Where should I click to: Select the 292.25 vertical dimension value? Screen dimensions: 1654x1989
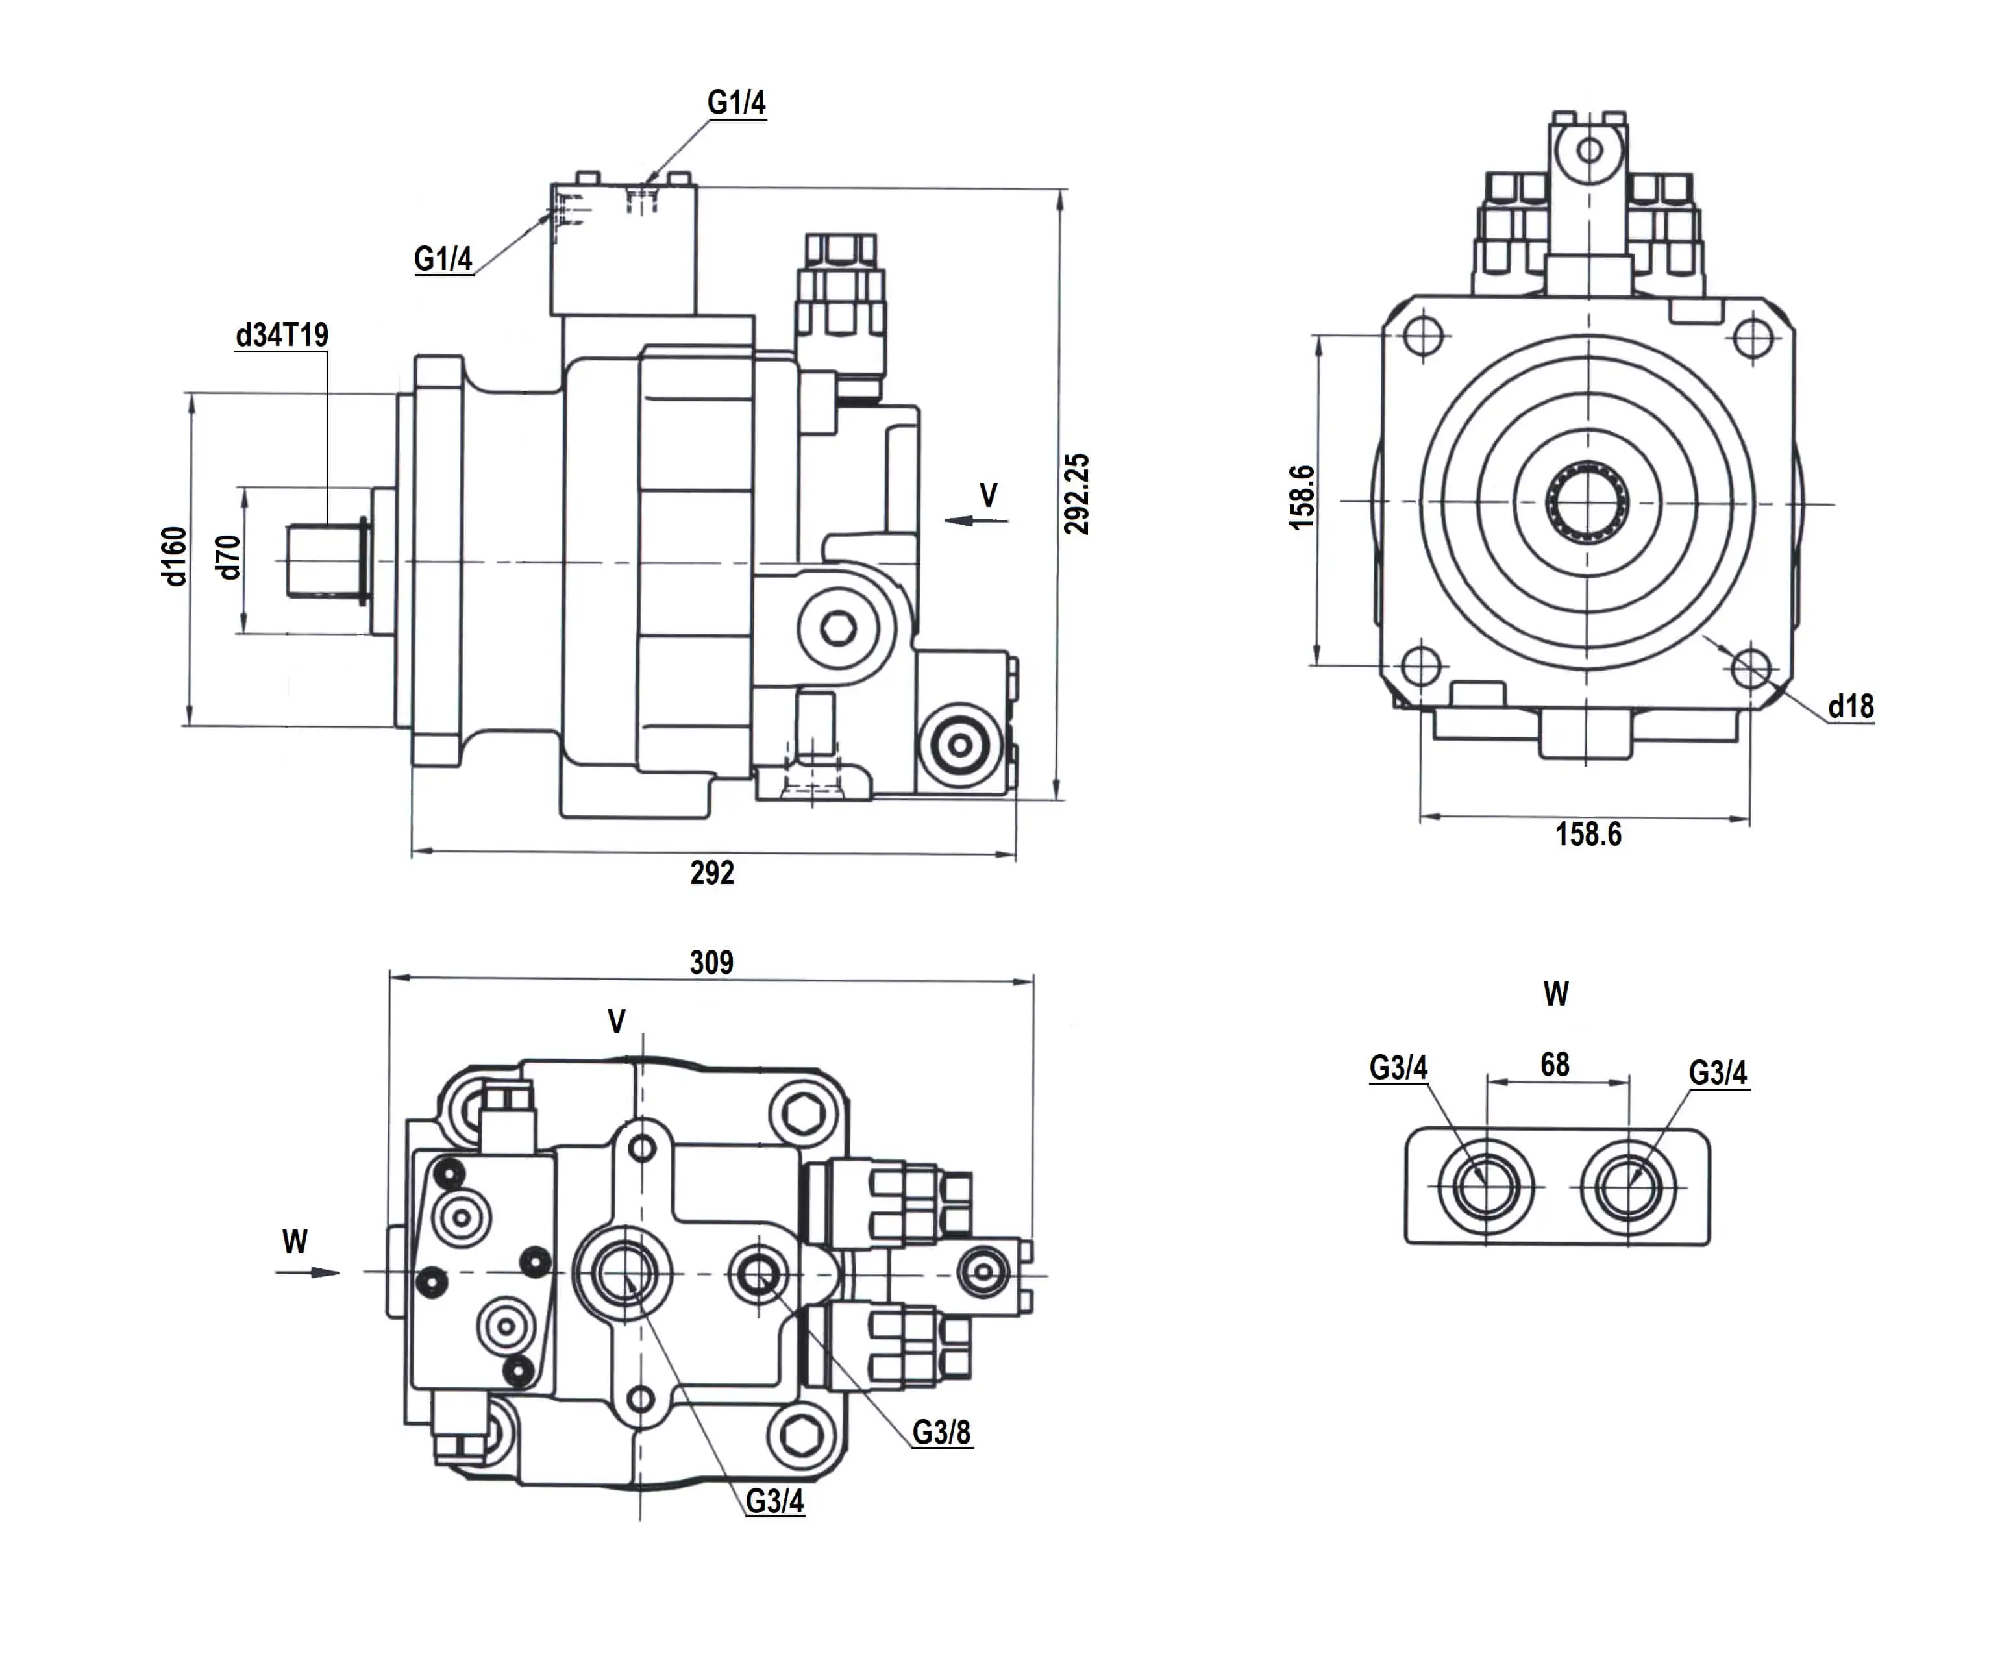point(1077,493)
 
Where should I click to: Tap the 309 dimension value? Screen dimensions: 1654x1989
point(711,963)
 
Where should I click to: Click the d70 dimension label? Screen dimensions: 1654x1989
point(229,557)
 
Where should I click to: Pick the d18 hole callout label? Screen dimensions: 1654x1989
point(1851,706)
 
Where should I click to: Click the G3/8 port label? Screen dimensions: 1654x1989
point(941,1433)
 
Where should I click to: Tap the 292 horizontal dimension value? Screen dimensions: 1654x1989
point(711,872)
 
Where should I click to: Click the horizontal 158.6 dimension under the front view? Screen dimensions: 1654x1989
point(1588,835)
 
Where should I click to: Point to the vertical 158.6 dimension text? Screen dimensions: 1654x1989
point(1302,497)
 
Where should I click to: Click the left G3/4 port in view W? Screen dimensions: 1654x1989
point(1484,1186)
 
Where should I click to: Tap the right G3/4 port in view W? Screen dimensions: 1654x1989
point(1627,1186)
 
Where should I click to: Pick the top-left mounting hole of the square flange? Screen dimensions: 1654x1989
point(1422,336)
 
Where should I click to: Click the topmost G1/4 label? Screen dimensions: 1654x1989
point(736,103)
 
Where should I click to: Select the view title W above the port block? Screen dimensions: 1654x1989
point(1555,994)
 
